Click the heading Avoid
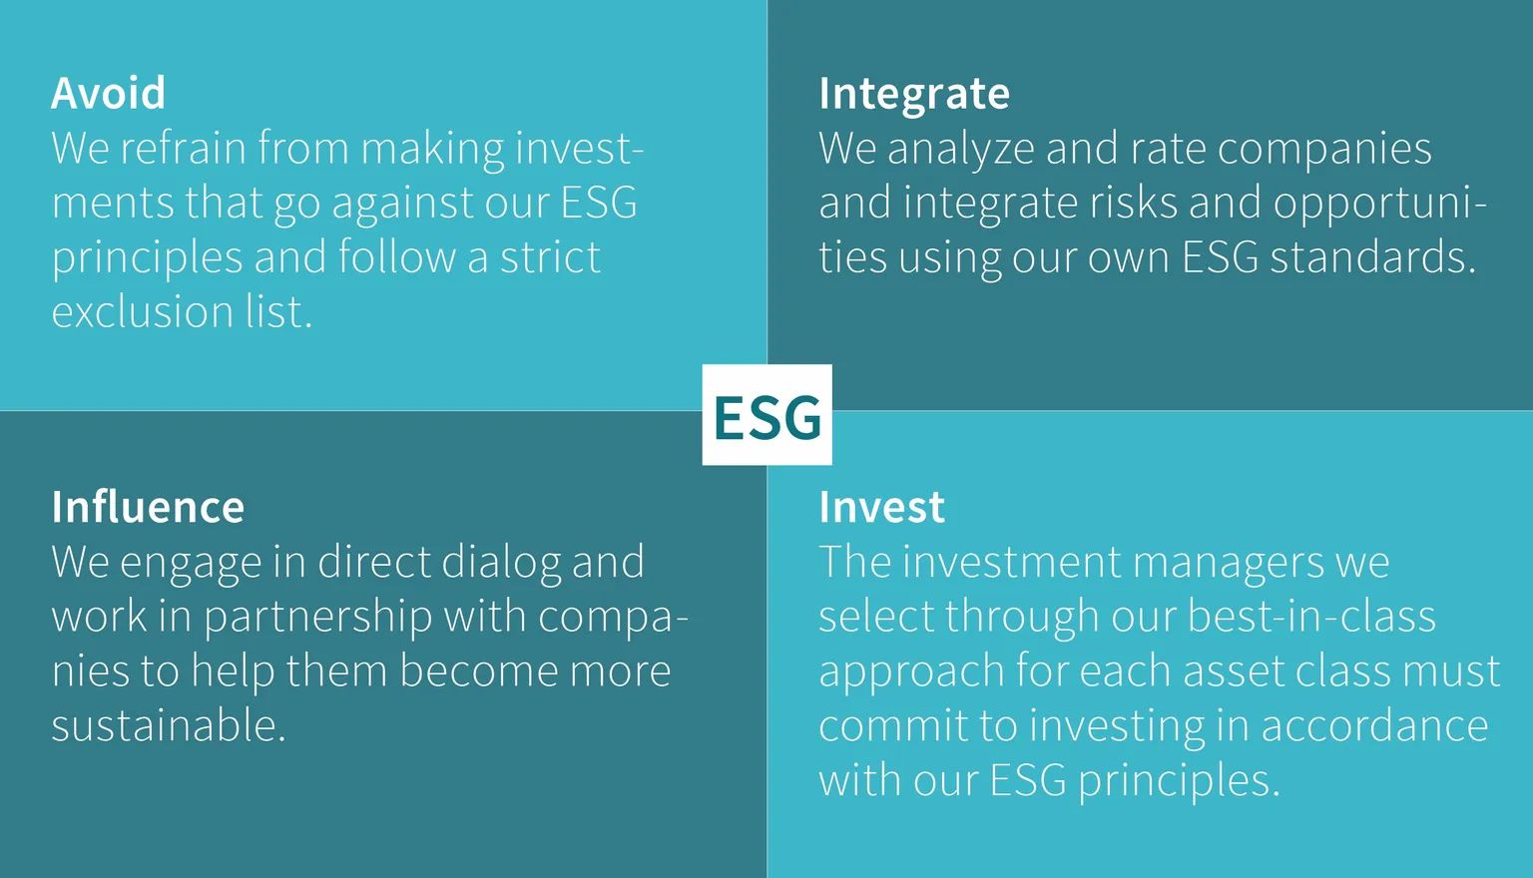point(108,93)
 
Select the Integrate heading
point(914,95)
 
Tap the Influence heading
point(148,507)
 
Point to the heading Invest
point(882,507)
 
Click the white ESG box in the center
point(767,415)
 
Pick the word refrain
point(184,148)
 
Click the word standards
point(1373,257)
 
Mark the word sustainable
point(169,726)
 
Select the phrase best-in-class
point(1311,617)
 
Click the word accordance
point(1375,726)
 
